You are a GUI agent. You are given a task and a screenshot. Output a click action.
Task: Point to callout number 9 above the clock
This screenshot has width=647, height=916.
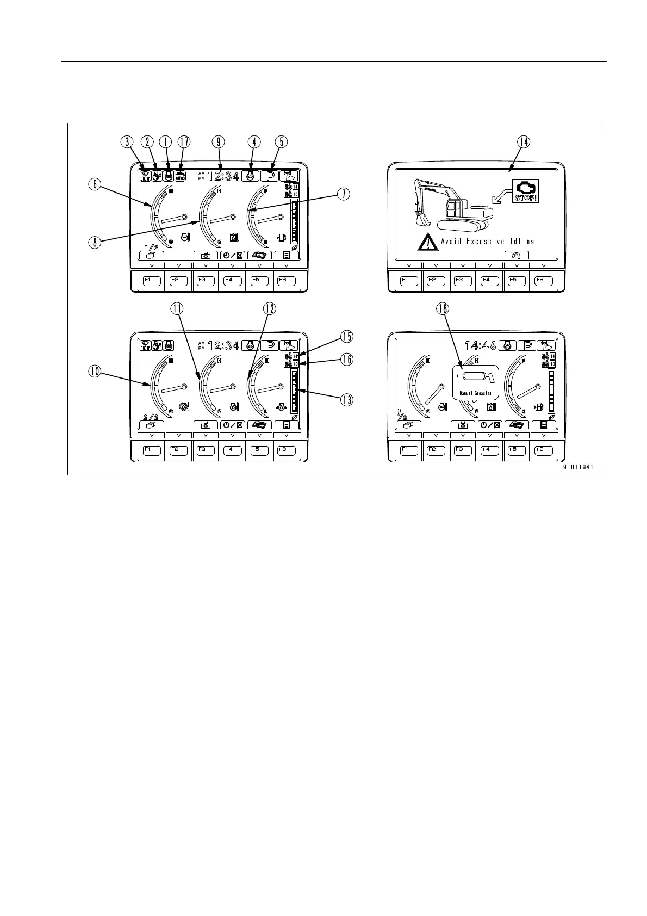point(219,141)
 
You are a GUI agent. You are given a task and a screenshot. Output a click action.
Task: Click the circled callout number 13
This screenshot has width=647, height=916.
point(346,399)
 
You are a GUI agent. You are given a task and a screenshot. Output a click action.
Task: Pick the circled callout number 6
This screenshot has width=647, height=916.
point(95,185)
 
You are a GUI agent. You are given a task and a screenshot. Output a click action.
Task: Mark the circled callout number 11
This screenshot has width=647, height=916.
point(176,308)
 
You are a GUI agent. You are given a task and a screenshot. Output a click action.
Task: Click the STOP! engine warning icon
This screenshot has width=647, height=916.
point(525,190)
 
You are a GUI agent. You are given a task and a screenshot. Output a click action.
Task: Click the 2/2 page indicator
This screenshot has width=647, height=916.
point(151,417)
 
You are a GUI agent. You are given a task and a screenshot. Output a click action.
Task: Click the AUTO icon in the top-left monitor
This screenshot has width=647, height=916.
point(181,176)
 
